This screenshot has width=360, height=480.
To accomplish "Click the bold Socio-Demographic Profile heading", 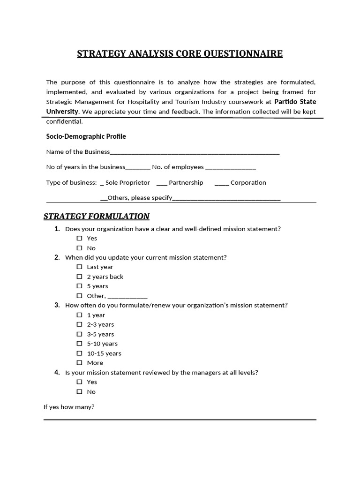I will click(86, 136).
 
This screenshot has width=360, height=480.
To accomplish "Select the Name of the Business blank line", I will click(195, 152).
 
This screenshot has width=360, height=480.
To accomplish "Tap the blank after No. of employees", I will click(231, 168).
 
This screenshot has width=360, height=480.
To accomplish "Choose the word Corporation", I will click(248, 182).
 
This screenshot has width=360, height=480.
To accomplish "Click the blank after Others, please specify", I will click(226, 198).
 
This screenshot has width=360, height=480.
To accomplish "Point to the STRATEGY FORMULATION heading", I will click(97, 216).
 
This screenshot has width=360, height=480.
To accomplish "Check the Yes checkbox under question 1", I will click(79, 238).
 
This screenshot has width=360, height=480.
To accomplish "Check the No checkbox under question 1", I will click(79, 248).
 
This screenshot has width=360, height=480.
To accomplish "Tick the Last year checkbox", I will click(79, 267).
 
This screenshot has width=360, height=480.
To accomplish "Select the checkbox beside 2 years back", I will click(79, 277).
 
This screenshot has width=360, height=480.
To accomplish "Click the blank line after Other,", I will click(127, 297).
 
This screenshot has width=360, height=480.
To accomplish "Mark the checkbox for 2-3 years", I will click(79, 324).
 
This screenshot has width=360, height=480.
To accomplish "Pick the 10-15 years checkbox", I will click(79, 353).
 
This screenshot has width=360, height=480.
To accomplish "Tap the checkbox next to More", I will click(79, 363).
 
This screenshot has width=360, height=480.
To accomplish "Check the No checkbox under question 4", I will click(79, 391).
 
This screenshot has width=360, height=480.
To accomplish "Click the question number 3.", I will click(57, 305).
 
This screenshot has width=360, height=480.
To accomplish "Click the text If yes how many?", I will click(69, 407).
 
